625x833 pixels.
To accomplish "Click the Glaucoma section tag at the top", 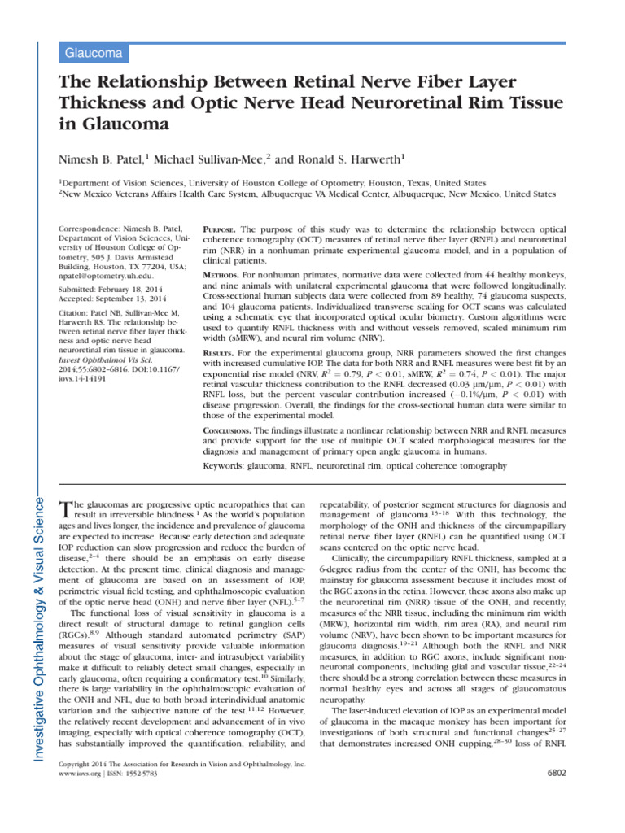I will [x=94, y=54].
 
